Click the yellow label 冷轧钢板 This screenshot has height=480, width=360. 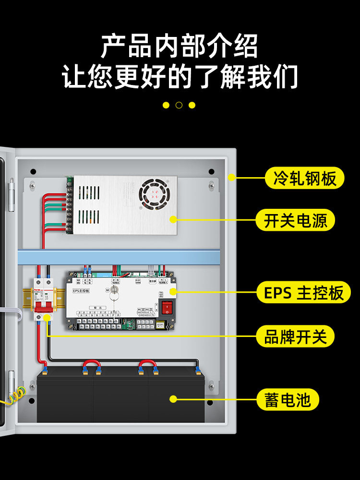[x=304, y=178]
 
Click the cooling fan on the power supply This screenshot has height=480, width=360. [x=154, y=194]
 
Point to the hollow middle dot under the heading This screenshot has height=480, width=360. [x=179, y=105]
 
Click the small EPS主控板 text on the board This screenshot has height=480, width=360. [x=81, y=291]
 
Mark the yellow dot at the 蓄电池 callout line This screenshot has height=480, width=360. [x=174, y=399]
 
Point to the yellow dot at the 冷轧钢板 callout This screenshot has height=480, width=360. [x=231, y=178]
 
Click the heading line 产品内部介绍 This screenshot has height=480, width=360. [x=179, y=47]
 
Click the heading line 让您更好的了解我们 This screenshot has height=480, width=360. [x=180, y=77]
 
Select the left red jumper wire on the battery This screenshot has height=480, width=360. [x=91, y=367]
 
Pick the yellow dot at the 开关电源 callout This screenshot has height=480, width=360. [x=174, y=219]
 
